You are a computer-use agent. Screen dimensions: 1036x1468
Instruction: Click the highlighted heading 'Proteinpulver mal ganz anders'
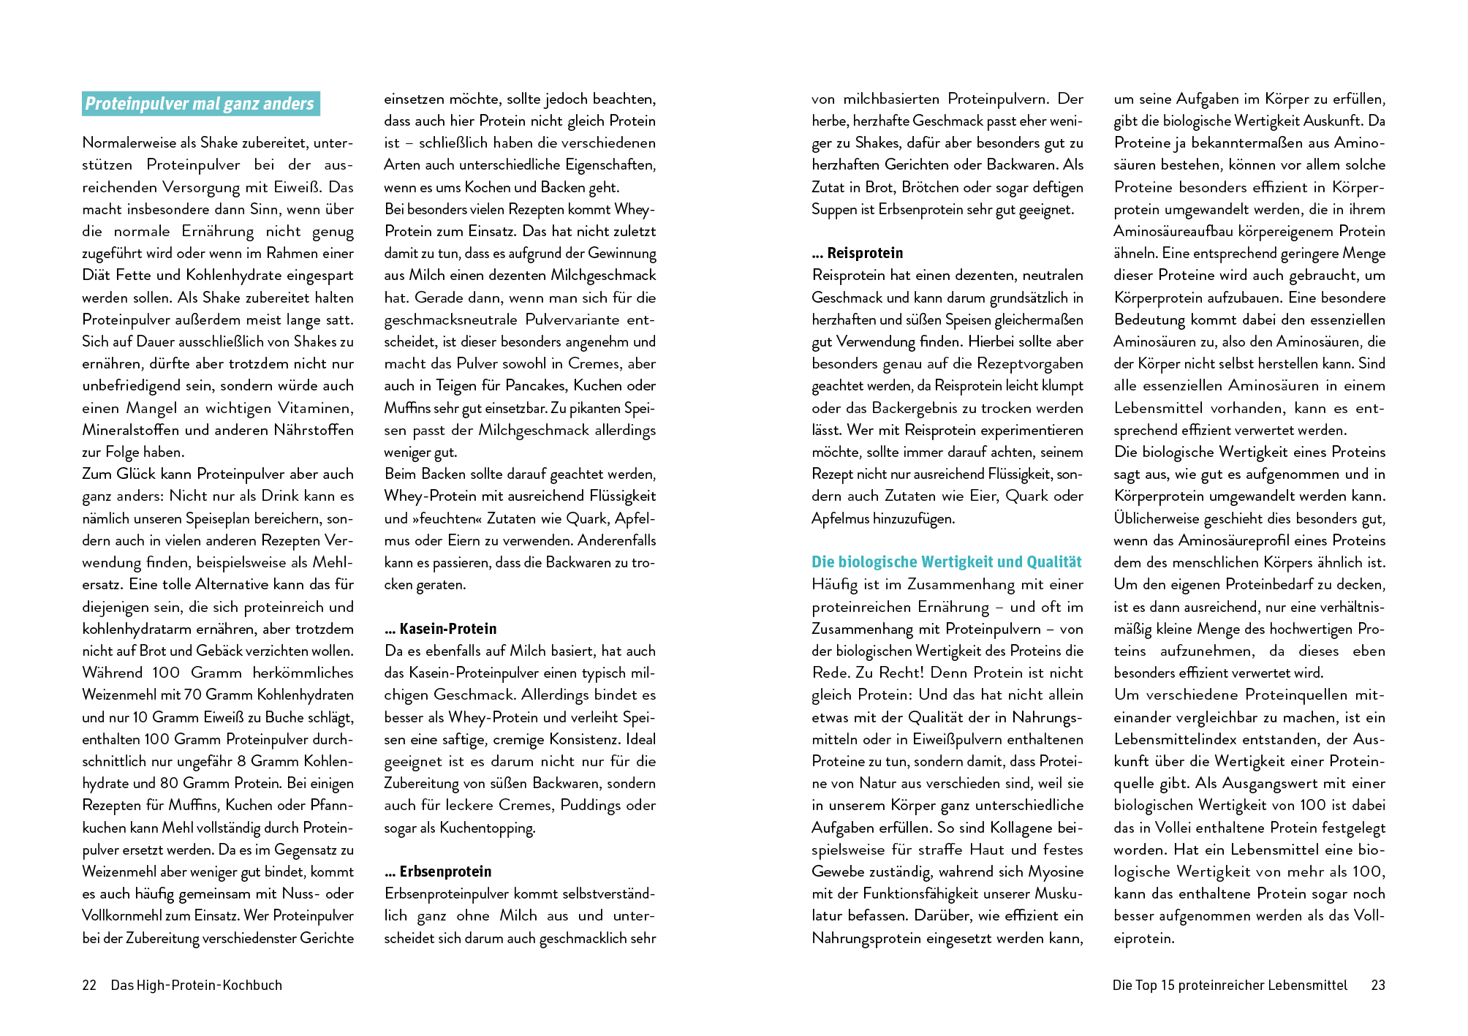click(200, 104)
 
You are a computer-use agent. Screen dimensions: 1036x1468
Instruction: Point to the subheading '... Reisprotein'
click(858, 253)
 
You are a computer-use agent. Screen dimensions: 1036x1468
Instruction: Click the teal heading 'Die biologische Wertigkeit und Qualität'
click(946, 562)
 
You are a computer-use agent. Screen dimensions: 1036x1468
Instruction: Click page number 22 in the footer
click(89, 985)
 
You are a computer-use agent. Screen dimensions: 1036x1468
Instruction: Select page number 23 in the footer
click(1378, 985)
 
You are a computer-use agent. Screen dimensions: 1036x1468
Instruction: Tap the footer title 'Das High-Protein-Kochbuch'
click(196, 985)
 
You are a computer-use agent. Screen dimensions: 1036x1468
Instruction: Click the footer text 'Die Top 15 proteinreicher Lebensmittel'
click(1230, 985)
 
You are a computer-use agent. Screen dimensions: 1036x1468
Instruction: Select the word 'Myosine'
click(1056, 871)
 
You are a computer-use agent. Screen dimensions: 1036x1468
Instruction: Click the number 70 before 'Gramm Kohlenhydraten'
click(193, 695)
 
